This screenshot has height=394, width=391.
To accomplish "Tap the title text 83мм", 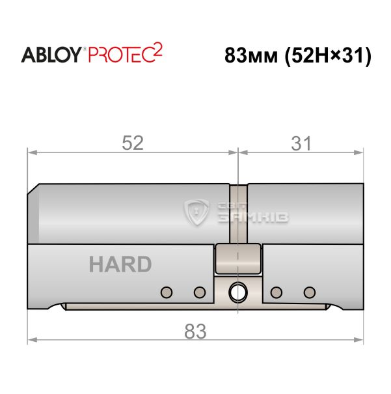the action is pyautogui.click(x=251, y=55).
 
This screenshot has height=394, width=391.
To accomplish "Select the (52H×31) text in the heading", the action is pyautogui.click(x=328, y=56).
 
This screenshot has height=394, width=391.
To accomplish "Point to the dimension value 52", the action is pyautogui.click(x=133, y=143).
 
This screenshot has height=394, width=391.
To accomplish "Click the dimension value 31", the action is pyautogui.click(x=301, y=143).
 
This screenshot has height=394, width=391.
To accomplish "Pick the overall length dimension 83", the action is pyautogui.click(x=195, y=331).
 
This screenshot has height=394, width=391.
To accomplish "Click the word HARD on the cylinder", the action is pyautogui.click(x=120, y=264).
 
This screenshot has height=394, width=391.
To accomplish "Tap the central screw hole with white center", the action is pyautogui.click(x=238, y=292).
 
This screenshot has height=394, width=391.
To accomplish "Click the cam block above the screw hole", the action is pyautogui.click(x=238, y=259).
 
